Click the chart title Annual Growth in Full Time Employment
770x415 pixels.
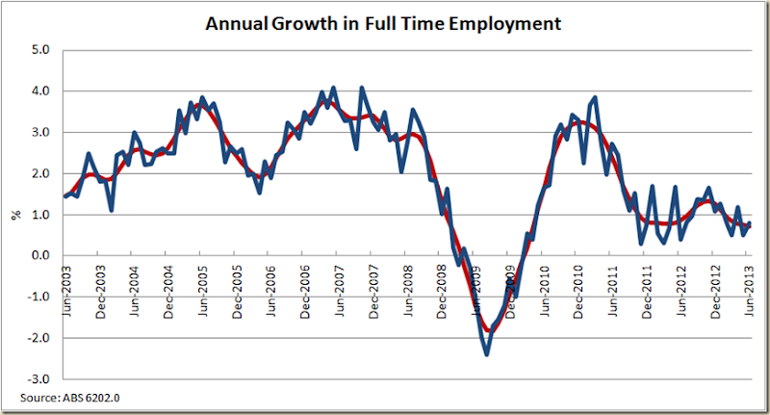(383, 21)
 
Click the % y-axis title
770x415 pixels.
(15, 215)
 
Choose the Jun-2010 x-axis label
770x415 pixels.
(544, 286)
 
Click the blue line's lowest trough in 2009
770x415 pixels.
(487, 354)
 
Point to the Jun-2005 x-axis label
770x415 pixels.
(201, 286)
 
